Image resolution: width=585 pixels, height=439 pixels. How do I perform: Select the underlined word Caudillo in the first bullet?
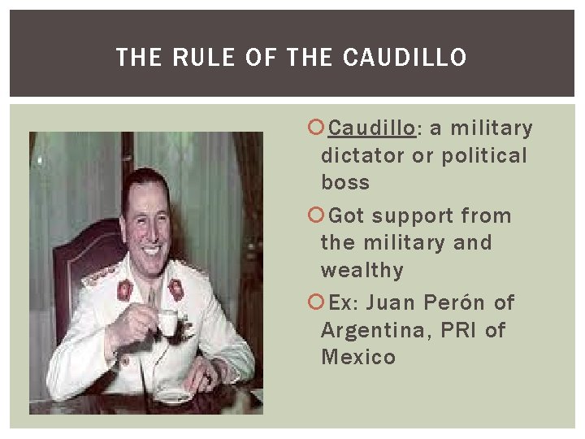[372, 128]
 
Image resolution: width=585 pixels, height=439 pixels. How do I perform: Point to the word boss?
[345, 182]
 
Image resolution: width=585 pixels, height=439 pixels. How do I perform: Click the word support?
[412, 216]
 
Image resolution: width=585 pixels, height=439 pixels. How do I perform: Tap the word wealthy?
[362, 270]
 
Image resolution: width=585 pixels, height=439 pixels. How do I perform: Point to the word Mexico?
[358, 357]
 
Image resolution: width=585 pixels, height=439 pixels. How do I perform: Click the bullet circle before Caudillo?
[317, 128]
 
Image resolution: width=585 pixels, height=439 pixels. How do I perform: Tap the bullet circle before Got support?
[317, 215]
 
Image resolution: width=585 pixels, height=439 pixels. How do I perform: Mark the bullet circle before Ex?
[317, 302]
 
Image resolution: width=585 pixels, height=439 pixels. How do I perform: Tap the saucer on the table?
[174, 396]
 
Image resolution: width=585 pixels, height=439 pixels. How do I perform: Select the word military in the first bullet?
[492, 128]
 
